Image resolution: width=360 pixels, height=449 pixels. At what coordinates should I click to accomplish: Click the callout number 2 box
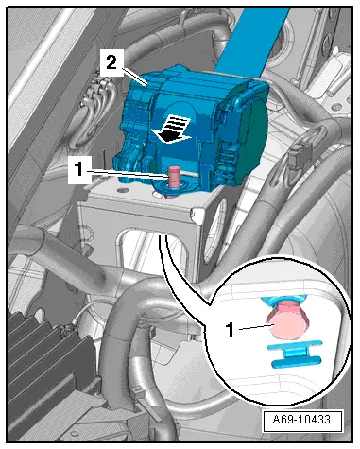pyautogui.click(x=111, y=63)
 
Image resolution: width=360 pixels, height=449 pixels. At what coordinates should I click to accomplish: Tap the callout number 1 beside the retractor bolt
pyautogui.click(x=79, y=169)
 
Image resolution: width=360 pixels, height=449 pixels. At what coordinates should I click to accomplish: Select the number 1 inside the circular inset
pyautogui.click(x=231, y=330)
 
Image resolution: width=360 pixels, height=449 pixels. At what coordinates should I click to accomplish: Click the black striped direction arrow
pyautogui.click(x=171, y=130)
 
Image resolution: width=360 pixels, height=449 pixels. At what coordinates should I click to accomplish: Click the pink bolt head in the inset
pyautogui.click(x=287, y=325)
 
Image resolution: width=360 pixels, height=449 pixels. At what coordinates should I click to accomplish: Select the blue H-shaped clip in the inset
pyautogui.click(x=294, y=354)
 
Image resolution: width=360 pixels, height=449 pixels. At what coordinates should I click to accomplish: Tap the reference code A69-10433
pyautogui.click(x=301, y=420)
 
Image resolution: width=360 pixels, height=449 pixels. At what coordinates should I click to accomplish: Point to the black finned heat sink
pyautogui.click(x=47, y=356)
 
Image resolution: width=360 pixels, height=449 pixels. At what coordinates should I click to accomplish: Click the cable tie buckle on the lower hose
pyautogui.click(x=139, y=395)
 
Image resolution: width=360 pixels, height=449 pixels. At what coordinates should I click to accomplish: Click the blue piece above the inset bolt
pyautogui.click(x=284, y=301)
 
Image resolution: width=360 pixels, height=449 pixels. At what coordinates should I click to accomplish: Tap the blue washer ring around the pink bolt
pyautogui.click(x=173, y=187)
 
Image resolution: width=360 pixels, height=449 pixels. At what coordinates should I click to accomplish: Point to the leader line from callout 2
pyautogui.click(x=133, y=77)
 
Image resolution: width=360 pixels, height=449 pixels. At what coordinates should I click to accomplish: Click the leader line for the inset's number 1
pyautogui.click(x=254, y=328)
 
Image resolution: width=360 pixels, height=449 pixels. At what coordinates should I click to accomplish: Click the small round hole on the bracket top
pyautogui.click(x=123, y=190)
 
